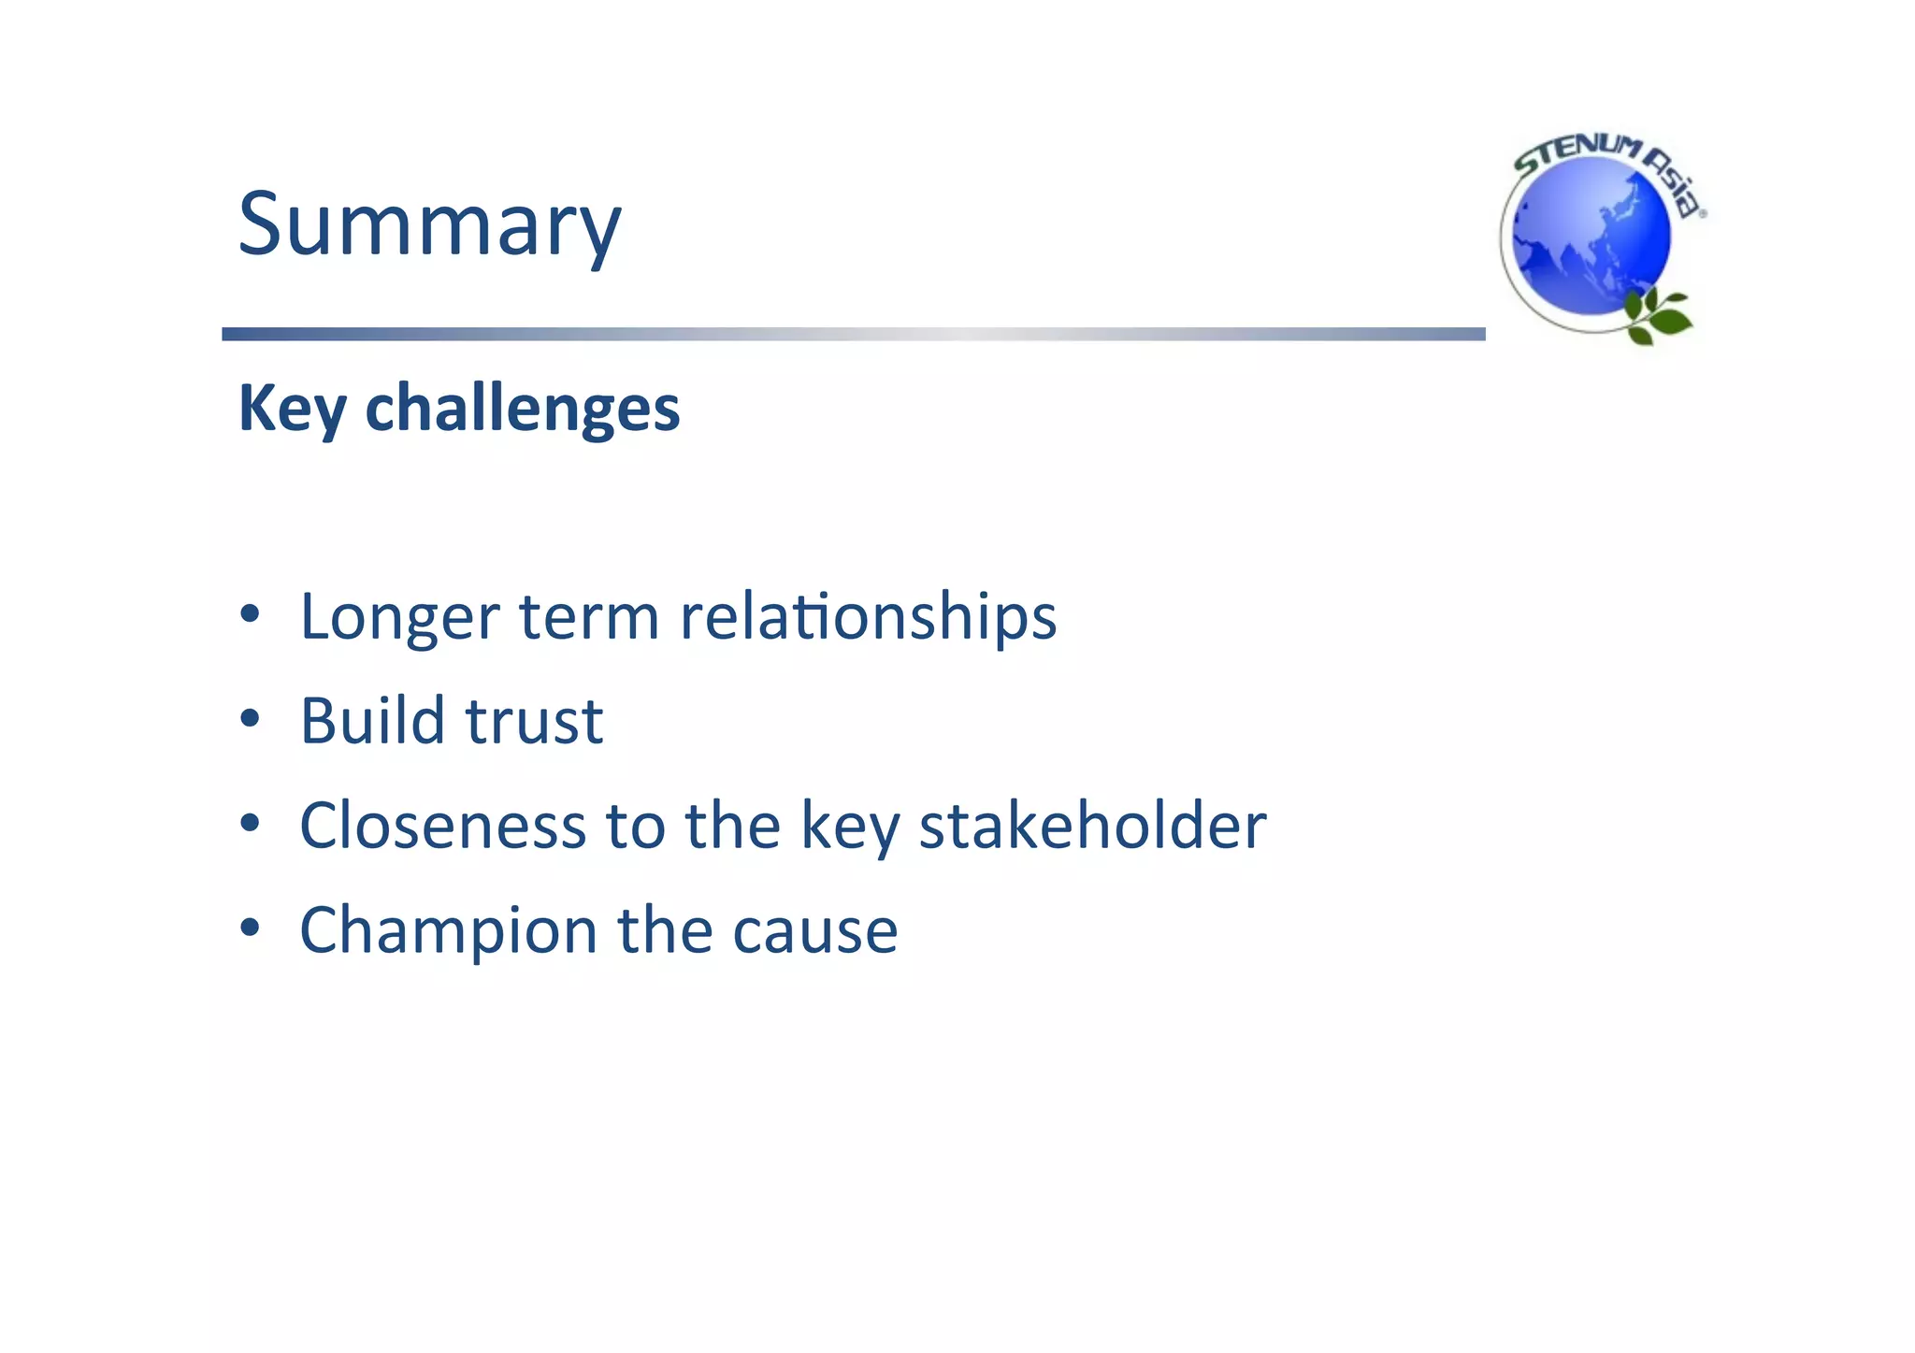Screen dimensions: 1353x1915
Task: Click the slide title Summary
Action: [429, 224]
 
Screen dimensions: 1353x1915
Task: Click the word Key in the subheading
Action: [292, 410]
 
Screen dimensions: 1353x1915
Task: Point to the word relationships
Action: [868, 618]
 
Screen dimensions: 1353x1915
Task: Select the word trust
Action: [534, 723]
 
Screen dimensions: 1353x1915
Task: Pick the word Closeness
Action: [442, 826]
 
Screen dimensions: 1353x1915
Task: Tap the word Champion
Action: [448, 931]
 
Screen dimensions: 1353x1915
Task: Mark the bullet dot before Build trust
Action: [249, 719]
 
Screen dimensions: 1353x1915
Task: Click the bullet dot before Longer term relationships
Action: [249, 614]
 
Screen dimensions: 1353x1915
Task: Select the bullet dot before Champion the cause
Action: [249, 928]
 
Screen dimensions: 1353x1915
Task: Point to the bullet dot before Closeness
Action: [249, 824]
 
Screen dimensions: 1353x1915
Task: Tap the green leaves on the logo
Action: [1657, 316]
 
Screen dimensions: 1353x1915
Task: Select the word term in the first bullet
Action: [589, 618]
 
